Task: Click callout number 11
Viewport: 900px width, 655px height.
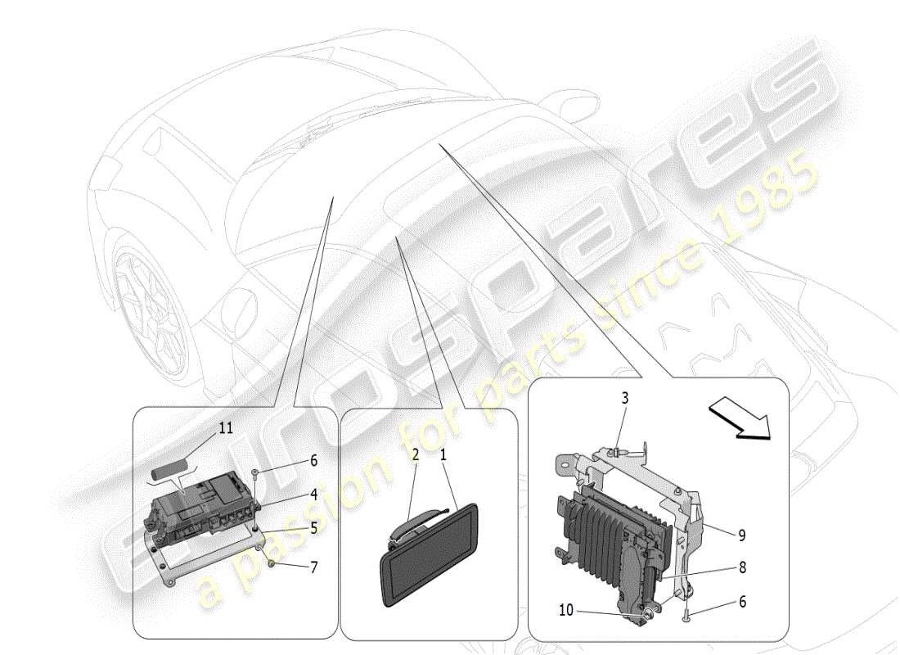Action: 225,427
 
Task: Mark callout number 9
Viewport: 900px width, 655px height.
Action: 741,536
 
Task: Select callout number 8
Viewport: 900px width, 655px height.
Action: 741,567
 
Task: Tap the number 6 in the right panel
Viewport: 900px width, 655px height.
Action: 741,602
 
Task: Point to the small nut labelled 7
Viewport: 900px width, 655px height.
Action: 271,563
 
